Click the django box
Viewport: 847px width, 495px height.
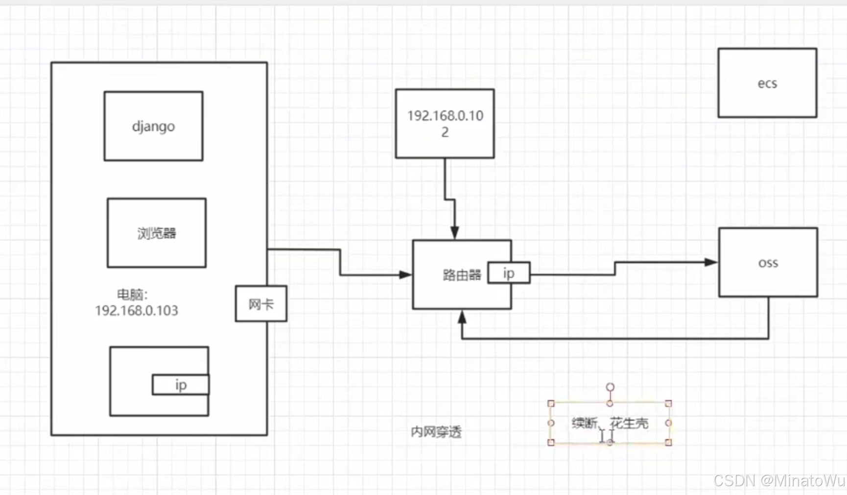tap(153, 126)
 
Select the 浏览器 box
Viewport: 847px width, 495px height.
tap(157, 233)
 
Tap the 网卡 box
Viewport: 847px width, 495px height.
tap(261, 304)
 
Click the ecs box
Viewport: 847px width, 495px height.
tap(767, 83)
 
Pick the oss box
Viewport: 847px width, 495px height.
tap(768, 263)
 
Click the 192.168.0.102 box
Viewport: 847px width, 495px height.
tap(445, 123)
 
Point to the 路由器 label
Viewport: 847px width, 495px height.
tap(461, 275)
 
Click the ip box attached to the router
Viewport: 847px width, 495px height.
tap(509, 273)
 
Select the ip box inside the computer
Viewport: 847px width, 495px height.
tap(181, 385)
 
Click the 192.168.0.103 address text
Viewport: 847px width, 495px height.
tap(137, 311)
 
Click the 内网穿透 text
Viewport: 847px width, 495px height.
tap(436, 432)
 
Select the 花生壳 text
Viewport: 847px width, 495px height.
tap(629, 423)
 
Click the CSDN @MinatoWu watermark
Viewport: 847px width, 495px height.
tap(779, 480)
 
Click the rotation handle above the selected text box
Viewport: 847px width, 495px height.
tap(610, 387)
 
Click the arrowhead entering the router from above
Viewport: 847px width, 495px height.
tap(455, 233)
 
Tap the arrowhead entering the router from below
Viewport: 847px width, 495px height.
tap(462, 317)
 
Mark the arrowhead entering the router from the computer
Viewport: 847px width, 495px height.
tap(405, 275)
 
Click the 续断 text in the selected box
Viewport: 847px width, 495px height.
tap(584, 423)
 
